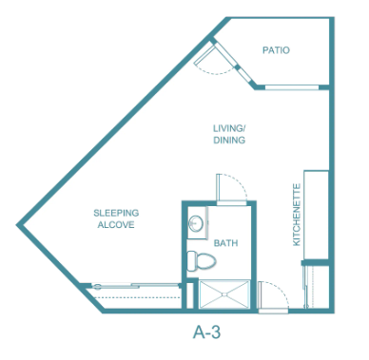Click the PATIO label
[276, 50]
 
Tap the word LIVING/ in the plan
[229, 128]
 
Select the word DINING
[229, 140]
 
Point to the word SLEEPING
[116, 213]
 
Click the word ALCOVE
[116, 225]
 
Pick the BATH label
[225, 243]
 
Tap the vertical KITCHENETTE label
[297, 215]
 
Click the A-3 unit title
[206, 332]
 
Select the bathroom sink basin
[196, 223]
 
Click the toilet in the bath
[201, 261]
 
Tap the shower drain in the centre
[224, 294]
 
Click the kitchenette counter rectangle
[316, 215]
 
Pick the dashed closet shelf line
[136, 297]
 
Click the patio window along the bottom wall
[292, 87]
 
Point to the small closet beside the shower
[189, 295]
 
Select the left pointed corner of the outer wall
[16, 225]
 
